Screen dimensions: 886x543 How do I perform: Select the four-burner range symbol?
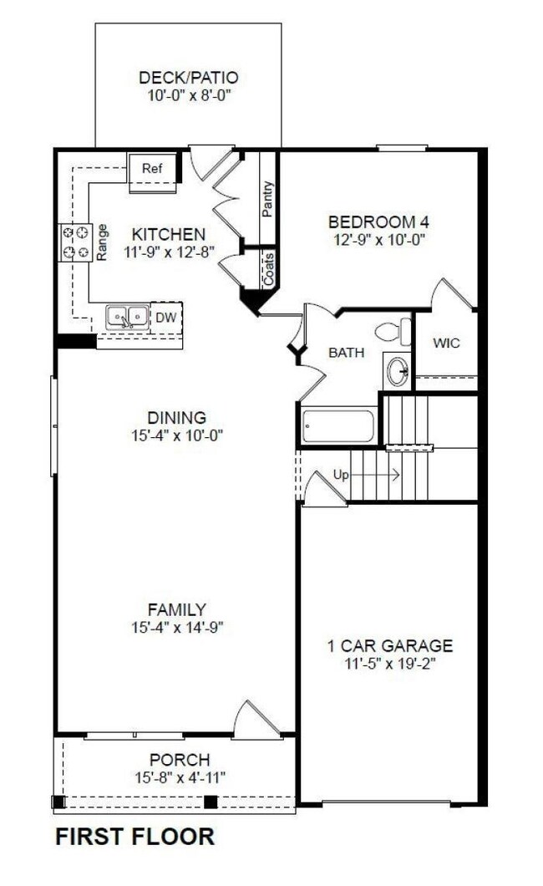coord(74,242)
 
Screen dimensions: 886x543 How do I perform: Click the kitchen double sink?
coord(128,317)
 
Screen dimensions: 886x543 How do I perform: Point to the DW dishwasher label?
coord(165,317)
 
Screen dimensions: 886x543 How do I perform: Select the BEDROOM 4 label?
coord(373,222)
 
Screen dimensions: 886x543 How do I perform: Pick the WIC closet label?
coord(447,343)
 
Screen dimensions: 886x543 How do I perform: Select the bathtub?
coord(338,426)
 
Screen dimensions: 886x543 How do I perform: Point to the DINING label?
coord(176,417)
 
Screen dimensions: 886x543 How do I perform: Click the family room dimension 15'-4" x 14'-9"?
coord(176,627)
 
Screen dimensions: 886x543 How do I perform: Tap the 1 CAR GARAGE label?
coord(388,645)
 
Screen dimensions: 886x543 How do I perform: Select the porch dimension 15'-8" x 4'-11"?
coord(180,777)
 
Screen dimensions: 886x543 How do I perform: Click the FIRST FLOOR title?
coord(134,836)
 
